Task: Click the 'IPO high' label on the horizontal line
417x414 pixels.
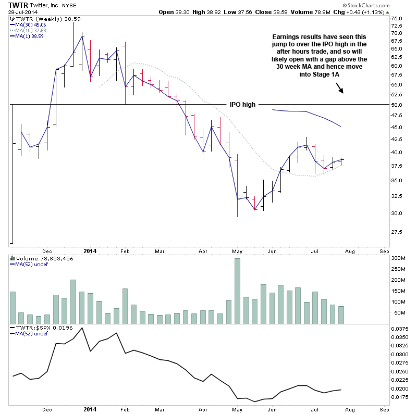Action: (x=243, y=105)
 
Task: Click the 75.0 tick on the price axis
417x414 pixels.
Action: (x=397, y=19)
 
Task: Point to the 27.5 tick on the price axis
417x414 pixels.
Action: (x=397, y=232)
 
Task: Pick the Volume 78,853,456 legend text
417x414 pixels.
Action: (x=38, y=258)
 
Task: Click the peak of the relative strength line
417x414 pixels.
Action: (x=82, y=328)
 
